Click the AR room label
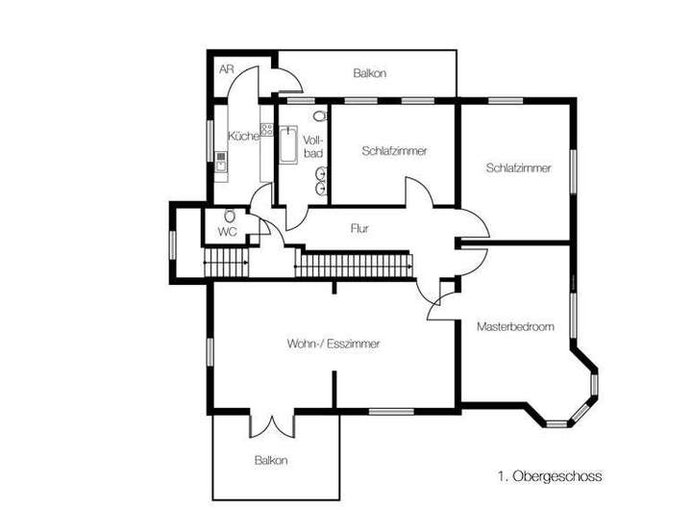(x=226, y=70)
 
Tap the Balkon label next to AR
(x=369, y=73)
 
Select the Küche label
(x=243, y=137)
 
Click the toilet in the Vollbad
(x=319, y=115)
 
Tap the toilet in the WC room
(x=230, y=216)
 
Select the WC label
(x=227, y=232)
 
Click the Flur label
(x=360, y=229)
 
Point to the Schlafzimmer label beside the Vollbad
(x=394, y=151)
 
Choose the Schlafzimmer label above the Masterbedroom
(x=519, y=167)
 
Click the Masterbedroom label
(x=515, y=327)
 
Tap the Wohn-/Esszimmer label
(x=334, y=344)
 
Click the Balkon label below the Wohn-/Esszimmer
(x=271, y=460)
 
